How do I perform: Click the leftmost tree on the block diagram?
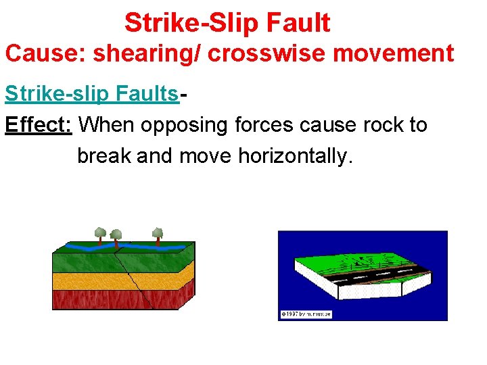point(100,233)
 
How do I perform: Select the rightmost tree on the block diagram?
point(158,235)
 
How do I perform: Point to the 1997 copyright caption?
point(306,314)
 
